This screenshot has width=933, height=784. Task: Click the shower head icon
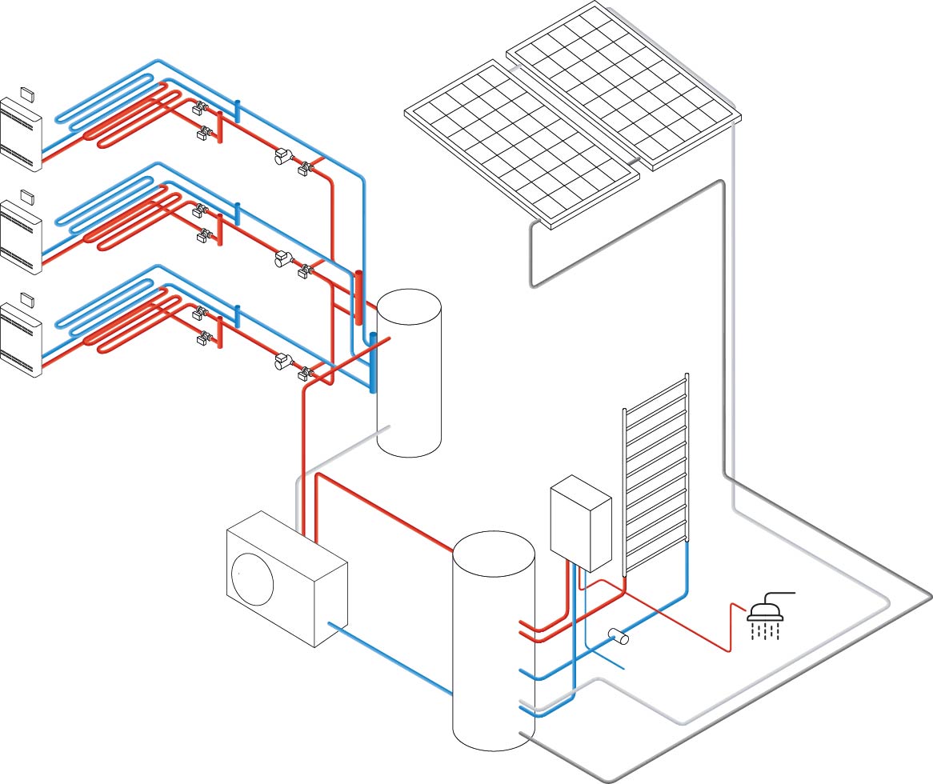(765, 612)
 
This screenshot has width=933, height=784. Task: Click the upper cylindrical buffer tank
(409, 373)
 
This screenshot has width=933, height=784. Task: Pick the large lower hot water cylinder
(493, 640)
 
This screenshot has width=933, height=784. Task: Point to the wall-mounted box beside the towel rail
(581, 523)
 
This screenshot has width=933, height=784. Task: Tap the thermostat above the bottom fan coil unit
(27, 298)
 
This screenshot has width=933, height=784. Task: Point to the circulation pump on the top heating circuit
(282, 157)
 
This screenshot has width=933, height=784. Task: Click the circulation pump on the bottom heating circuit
(282, 362)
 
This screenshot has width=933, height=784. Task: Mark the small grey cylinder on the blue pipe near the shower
(619, 637)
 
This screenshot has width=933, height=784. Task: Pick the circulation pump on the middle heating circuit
(282, 259)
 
